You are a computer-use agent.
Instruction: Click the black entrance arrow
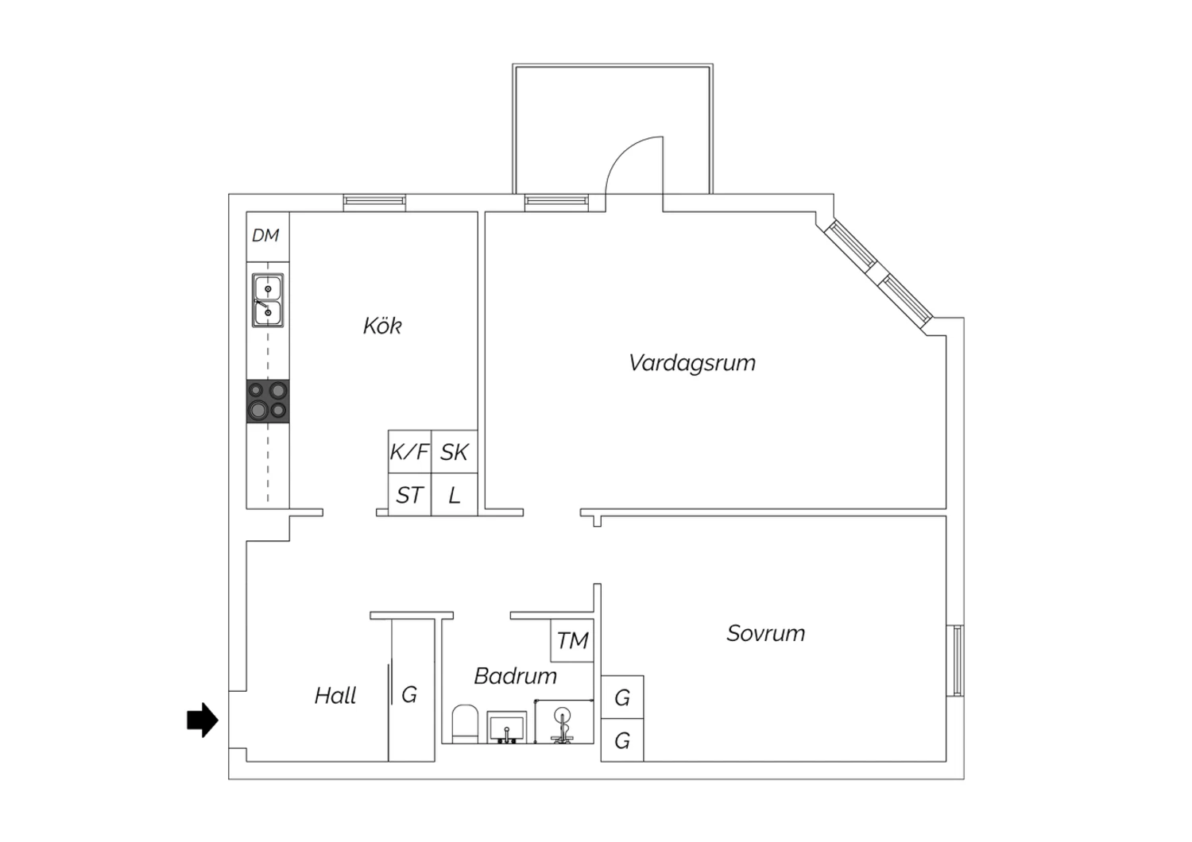tap(203, 720)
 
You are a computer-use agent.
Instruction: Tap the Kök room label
tap(382, 326)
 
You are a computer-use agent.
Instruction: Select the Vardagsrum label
tap(692, 363)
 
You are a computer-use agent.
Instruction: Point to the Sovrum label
tap(766, 633)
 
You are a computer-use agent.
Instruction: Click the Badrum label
tap(515, 676)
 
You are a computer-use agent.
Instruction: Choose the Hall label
tap(335, 695)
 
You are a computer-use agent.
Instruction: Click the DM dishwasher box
tap(268, 237)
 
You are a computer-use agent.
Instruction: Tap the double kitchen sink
tap(268, 300)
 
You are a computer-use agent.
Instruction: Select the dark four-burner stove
tap(268, 401)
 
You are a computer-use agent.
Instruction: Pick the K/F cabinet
tap(409, 452)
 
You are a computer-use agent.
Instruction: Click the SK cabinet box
tap(454, 452)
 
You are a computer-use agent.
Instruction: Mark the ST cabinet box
tap(409, 495)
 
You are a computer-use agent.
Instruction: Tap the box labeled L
tap(454, 495)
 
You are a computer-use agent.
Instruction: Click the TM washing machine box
tap(572, 640)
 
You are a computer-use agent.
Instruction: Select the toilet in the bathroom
tap(465, 724)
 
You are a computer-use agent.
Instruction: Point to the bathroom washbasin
tap(507, 727)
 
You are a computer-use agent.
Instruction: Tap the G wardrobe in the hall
tap(412, 690)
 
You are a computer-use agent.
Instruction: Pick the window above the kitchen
tap(374, 203)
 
